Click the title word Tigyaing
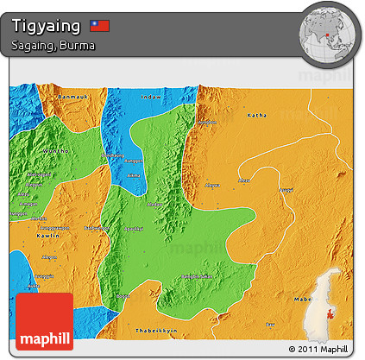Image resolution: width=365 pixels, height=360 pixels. point(48,26)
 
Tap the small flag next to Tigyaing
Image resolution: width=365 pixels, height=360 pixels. point(100,26)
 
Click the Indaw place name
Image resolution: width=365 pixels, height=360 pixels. point(151,97)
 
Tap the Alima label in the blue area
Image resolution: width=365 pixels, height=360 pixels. point(133,175)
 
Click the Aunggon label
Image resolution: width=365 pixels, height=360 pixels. point(132,161)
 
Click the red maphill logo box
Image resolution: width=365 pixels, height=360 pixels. point(45,321)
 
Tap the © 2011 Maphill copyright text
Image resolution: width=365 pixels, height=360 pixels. point(318,349)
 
